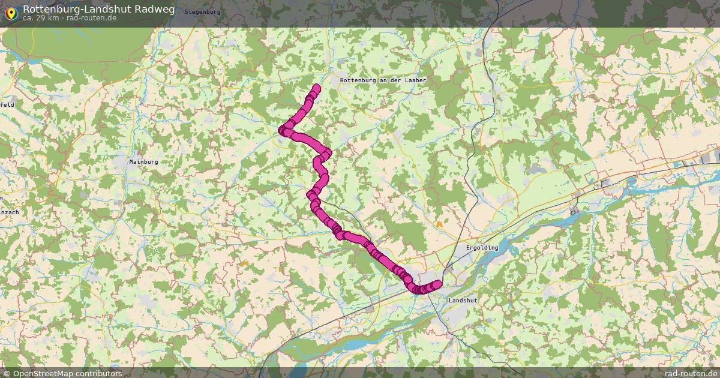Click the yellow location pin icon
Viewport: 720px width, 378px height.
point(11,11)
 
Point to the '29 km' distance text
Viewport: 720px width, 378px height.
point(46,17)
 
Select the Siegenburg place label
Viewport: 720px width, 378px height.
point(202,12)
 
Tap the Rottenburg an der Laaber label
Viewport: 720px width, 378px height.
point(383,80)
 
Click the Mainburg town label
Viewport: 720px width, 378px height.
point(143,161)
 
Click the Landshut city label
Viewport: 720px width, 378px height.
point(462,300)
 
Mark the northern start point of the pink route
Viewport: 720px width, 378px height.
point(316,88)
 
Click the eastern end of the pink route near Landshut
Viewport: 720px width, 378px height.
point(437,284)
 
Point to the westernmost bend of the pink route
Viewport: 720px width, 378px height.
point(281,130)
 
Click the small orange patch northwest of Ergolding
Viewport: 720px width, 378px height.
point(440,224)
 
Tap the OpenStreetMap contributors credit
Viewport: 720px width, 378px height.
point(67,373)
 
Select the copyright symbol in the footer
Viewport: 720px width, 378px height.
point(7,373)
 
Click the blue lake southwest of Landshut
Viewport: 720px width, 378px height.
point(354,345)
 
